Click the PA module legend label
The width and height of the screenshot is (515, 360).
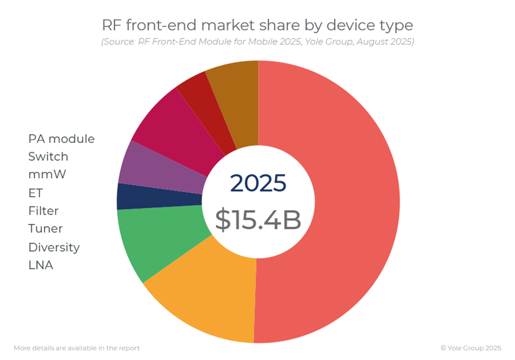pos(61,139)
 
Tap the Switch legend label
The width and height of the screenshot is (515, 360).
pos(48,156)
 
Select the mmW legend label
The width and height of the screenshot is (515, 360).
pos(47,174)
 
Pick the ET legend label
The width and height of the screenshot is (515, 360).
pos(35,193)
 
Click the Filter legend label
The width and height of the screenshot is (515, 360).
pos(43,211)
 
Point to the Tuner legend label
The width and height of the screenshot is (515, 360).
pos(45,229)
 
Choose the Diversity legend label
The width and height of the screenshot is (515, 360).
pos(54,247)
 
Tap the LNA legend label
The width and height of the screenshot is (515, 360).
pos(41,265)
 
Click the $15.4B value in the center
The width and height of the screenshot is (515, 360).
pos(257,220)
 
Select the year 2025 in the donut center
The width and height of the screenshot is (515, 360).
pos(257,183)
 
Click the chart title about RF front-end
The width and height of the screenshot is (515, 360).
pos(257,25)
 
